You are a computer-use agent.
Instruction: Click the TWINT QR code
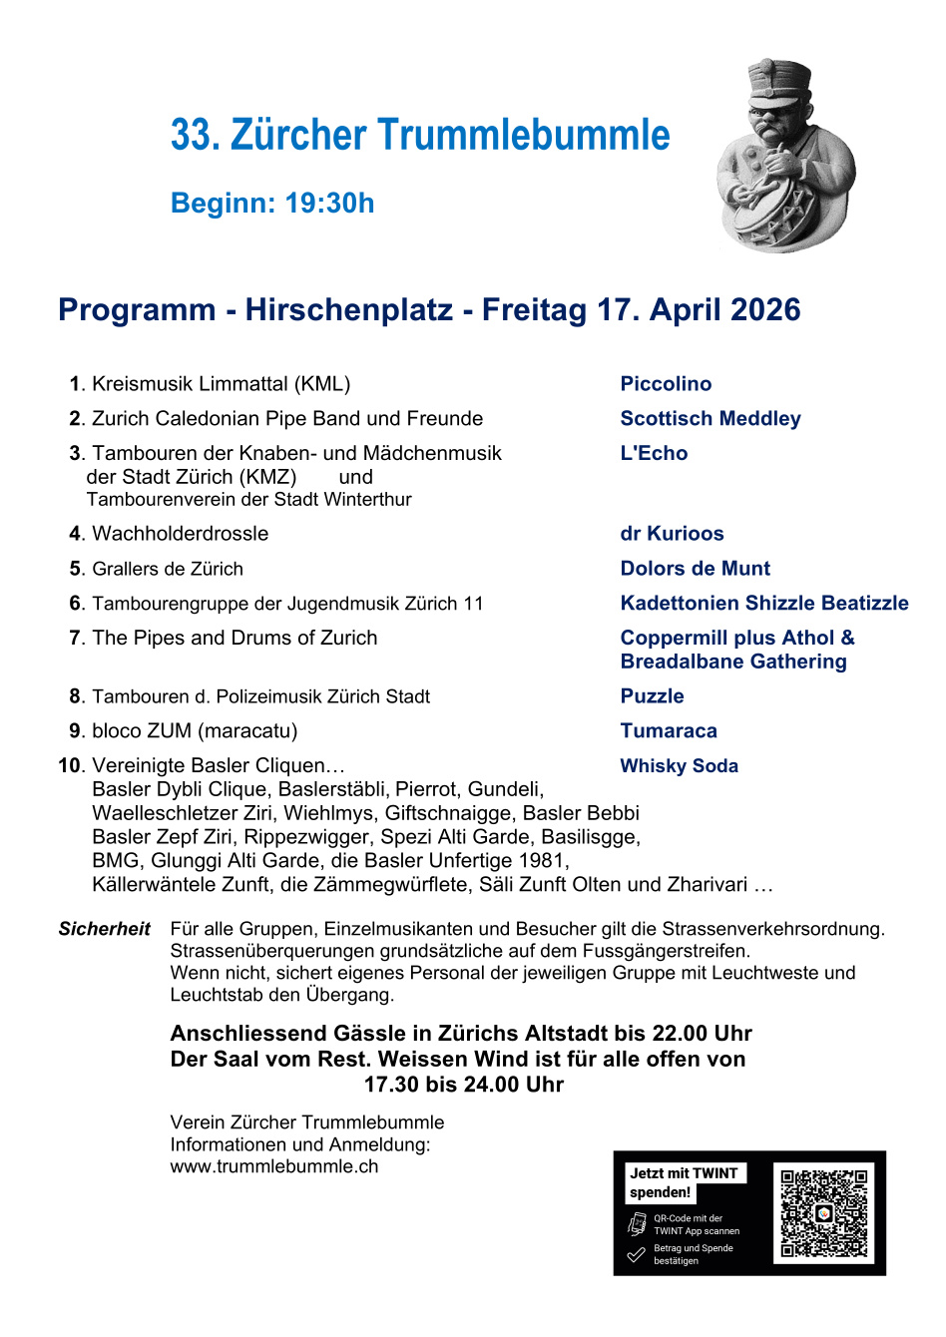coord(823,1213)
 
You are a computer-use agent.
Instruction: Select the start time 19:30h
coord(329,204)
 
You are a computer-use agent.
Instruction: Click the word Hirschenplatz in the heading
coord(349,310)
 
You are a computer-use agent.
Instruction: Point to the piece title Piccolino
coord(666,384)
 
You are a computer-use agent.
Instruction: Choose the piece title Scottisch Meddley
coord(709,419)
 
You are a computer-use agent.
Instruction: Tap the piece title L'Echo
coord(654,454)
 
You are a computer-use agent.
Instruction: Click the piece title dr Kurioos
coord(672,534)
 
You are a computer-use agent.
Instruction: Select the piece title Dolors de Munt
coord(695,569)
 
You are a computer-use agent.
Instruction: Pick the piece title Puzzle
coord(652,696)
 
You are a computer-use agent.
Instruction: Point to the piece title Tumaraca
coord(668,731)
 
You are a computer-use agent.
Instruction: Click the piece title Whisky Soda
coord(679,766)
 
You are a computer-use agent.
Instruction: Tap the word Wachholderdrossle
coord(180,534)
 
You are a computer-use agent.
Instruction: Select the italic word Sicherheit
coord(104,929)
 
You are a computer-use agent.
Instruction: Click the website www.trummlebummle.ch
coord(274,1166)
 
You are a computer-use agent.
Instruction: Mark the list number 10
coord(69,766)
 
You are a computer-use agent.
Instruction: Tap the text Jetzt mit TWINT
coord(684,1173)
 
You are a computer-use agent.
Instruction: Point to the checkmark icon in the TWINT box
coord(636,1254)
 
